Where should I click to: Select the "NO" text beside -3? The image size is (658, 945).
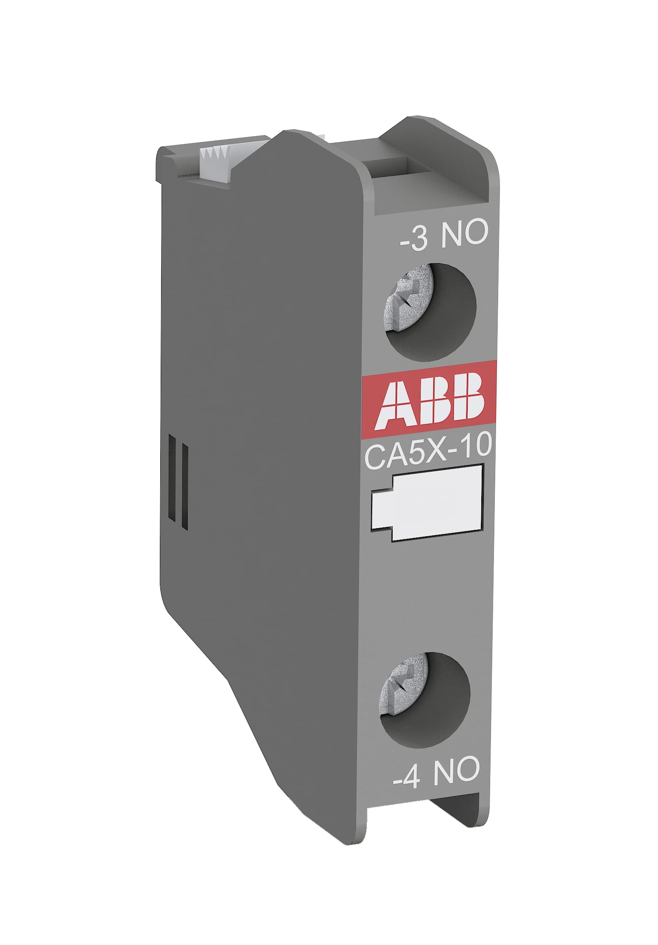click(464, 234)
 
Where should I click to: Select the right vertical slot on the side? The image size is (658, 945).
click(184, 485)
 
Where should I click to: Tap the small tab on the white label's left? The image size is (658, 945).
click(382, 505)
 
